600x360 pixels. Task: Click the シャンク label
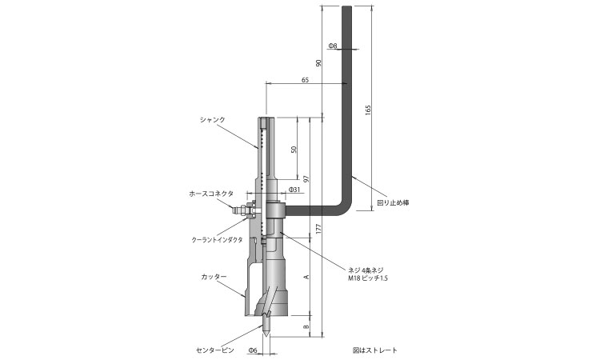tap(212, 119)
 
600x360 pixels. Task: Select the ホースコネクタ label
tap(211, 194)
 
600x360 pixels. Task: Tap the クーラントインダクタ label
tap(217, 240)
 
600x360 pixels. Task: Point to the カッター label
tap(214, 276)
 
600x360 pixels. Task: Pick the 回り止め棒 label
tap(393, 202)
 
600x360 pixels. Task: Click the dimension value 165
tap(368, 110)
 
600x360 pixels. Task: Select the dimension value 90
tap(318, 62)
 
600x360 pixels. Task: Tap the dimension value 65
tap(305, 80)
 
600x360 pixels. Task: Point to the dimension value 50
tap(294, 150)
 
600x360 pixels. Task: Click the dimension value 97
tap(306, 178)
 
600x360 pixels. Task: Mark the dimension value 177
tap(318, 228)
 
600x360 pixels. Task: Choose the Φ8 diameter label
tap(333, 46)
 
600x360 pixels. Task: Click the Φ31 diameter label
tap(294, 190)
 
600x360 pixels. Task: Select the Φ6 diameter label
tap(253, 350)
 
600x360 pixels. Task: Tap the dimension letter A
tap(306, 276)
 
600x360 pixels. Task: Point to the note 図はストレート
tap(375, 350)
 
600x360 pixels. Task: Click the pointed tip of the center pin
tap(266, 336)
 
